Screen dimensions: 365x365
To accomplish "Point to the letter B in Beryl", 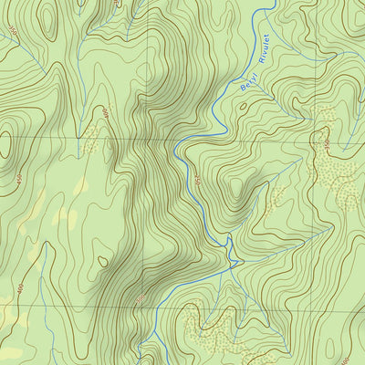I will [x=242, y=89].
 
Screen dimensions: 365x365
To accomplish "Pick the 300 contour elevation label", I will [x=140, y=300].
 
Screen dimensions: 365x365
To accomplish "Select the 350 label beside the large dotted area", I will [x=326, y=143].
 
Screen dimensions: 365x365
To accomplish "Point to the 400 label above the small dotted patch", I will [x=105, y=115].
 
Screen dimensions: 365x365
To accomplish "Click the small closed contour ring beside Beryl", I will [x=244, y=106].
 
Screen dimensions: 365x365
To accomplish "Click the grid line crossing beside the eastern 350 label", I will [x=315, y=140].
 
